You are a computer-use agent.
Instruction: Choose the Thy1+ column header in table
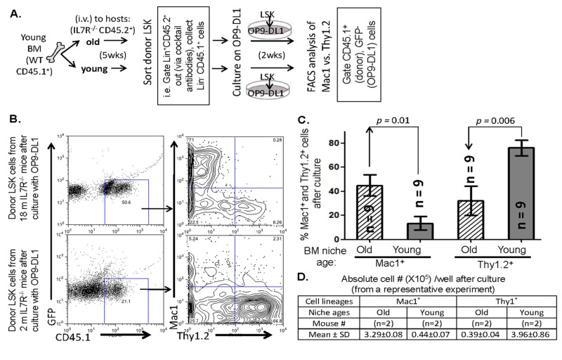[498, 311]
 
